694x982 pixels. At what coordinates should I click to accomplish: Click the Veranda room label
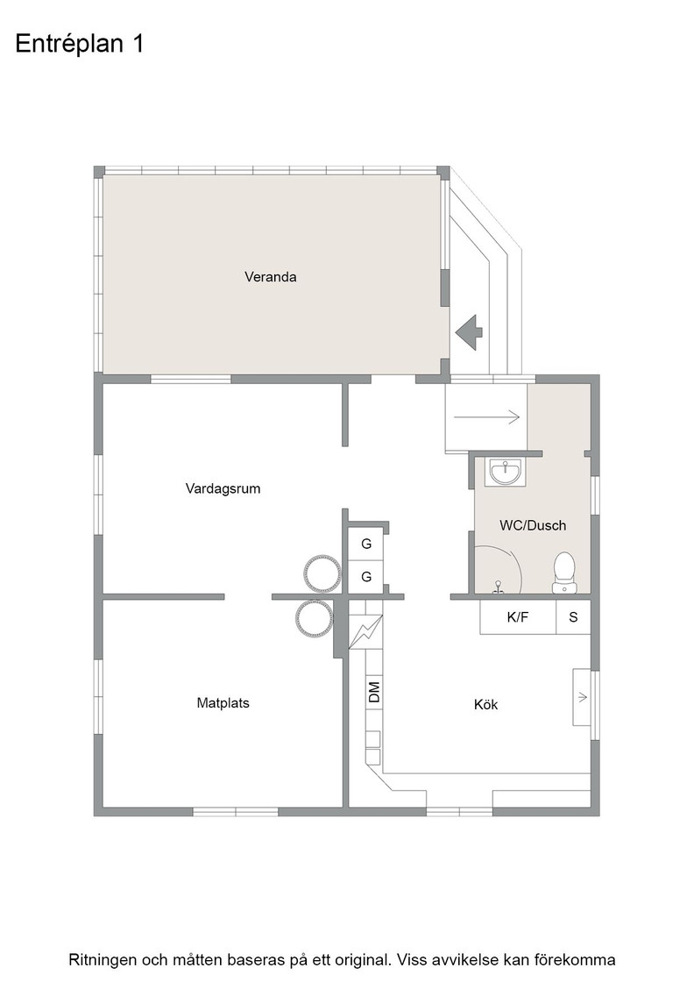point(271,277)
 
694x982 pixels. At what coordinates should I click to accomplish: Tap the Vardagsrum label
point(223,488)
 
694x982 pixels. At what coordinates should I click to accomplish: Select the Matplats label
point(223,703)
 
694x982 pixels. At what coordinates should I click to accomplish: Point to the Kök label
point(485,705)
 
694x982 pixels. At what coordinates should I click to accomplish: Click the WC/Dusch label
point(533,525)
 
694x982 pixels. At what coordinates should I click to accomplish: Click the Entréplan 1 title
point(80,44)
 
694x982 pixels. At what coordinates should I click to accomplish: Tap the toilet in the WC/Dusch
point(563,572)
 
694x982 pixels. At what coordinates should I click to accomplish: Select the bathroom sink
point(505,473)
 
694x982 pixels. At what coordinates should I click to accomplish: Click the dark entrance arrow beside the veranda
point(469,331)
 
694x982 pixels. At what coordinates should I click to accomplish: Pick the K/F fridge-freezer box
point(518,617)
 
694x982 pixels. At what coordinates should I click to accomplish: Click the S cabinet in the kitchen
point(573,617)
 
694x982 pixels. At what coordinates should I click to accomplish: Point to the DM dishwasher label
point(374,692)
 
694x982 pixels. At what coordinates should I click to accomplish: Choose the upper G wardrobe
point(366,544)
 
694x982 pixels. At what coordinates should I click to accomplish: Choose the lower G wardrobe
point(366,577)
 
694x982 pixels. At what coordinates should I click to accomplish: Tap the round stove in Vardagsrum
point(322,572)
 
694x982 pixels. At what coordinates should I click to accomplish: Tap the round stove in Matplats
point(314,619)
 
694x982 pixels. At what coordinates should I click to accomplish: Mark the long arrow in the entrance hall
point(487,416)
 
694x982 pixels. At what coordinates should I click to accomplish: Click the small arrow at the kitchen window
point(583,697)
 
